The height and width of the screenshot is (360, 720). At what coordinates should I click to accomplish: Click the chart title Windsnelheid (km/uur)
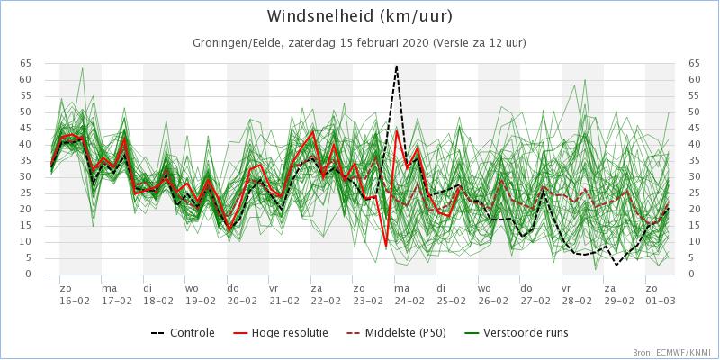coord(359,16)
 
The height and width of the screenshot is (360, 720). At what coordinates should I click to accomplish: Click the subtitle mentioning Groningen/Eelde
coord(359,43)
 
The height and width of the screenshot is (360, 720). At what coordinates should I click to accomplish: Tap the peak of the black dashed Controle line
coord(396,66)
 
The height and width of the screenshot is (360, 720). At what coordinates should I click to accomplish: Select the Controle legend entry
coord(183,332)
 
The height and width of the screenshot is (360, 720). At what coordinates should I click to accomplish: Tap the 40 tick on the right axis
coord(694,144)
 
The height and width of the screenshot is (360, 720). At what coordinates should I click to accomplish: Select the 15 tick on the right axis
coord(694,226)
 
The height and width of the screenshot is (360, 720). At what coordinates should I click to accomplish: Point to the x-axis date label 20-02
coord(232,301)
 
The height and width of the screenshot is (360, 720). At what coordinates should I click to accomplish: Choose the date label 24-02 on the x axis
coord(400,301)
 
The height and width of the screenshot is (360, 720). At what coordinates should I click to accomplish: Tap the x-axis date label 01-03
coord(652,301)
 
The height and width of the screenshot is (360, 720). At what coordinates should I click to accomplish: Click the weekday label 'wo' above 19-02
coord(191,289)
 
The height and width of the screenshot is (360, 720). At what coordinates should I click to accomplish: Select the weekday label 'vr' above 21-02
coord(274,289)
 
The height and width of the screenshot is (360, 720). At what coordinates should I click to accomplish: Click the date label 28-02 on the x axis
coord(568,301)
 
